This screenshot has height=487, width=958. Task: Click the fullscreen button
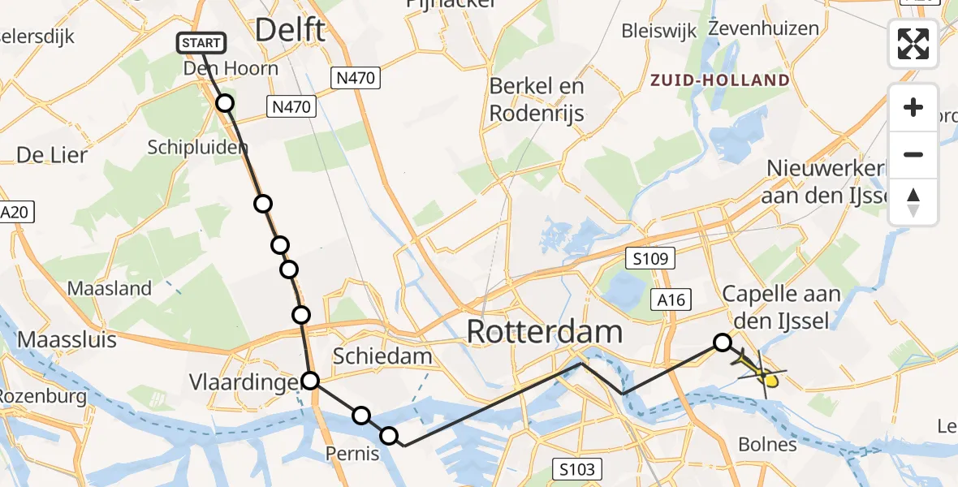[x=913, y=44]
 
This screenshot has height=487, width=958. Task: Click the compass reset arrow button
[x=913, y=202]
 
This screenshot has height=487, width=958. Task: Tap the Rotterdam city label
[x=544, y=332]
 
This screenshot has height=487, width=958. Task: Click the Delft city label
[x=290, y=30]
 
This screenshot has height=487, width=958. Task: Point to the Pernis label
[x=352, y=453]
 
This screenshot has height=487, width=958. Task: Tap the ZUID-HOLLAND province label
[x=719, y=80]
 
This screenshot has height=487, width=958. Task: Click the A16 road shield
[x=671, y=300]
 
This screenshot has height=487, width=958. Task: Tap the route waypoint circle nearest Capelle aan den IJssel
[x=722, y=343]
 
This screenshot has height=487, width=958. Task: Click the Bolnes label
[x=767, y=444]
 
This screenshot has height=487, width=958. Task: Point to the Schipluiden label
[x=197, y=147]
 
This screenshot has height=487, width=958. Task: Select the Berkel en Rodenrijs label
[x=537, y=100]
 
